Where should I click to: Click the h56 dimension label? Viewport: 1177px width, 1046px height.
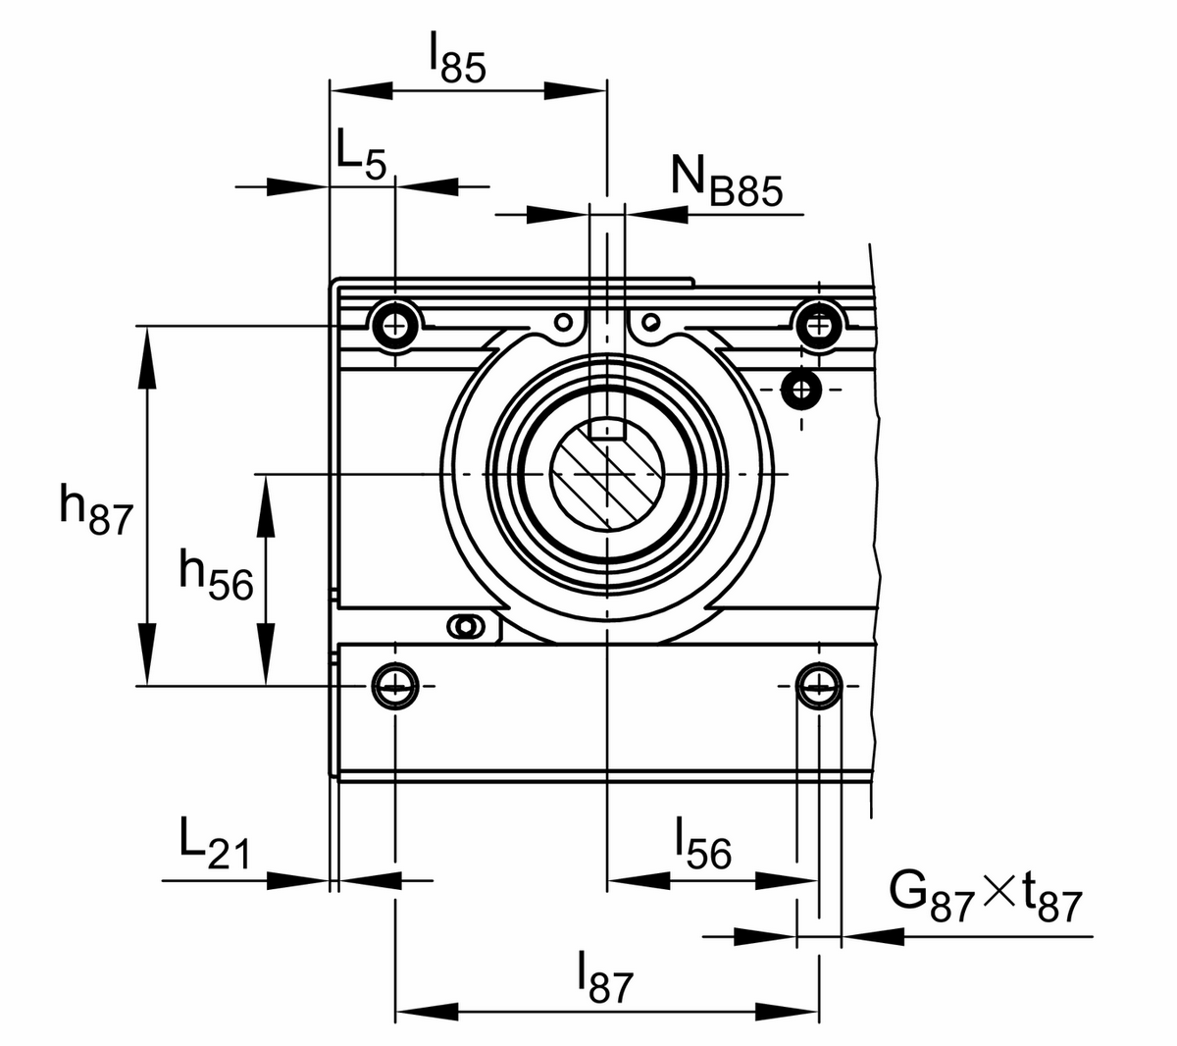click(x=216, y=577)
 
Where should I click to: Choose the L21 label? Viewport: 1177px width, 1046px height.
click(x=214, y=843)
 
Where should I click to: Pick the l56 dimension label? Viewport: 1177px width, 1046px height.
click(x=702, y=843)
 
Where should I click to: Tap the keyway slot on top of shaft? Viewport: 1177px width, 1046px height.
click(x=608, y=427)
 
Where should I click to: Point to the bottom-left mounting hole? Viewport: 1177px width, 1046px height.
click(x=394, y=685)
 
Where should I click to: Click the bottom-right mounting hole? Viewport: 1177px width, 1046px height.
click(x=817, y=685)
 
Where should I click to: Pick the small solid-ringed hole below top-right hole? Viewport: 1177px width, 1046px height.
click(x=802, y=390)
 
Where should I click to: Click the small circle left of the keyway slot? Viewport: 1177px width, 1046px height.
click(x=563, y=321)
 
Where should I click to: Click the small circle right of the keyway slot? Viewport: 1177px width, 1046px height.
click(x=650, y=321)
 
